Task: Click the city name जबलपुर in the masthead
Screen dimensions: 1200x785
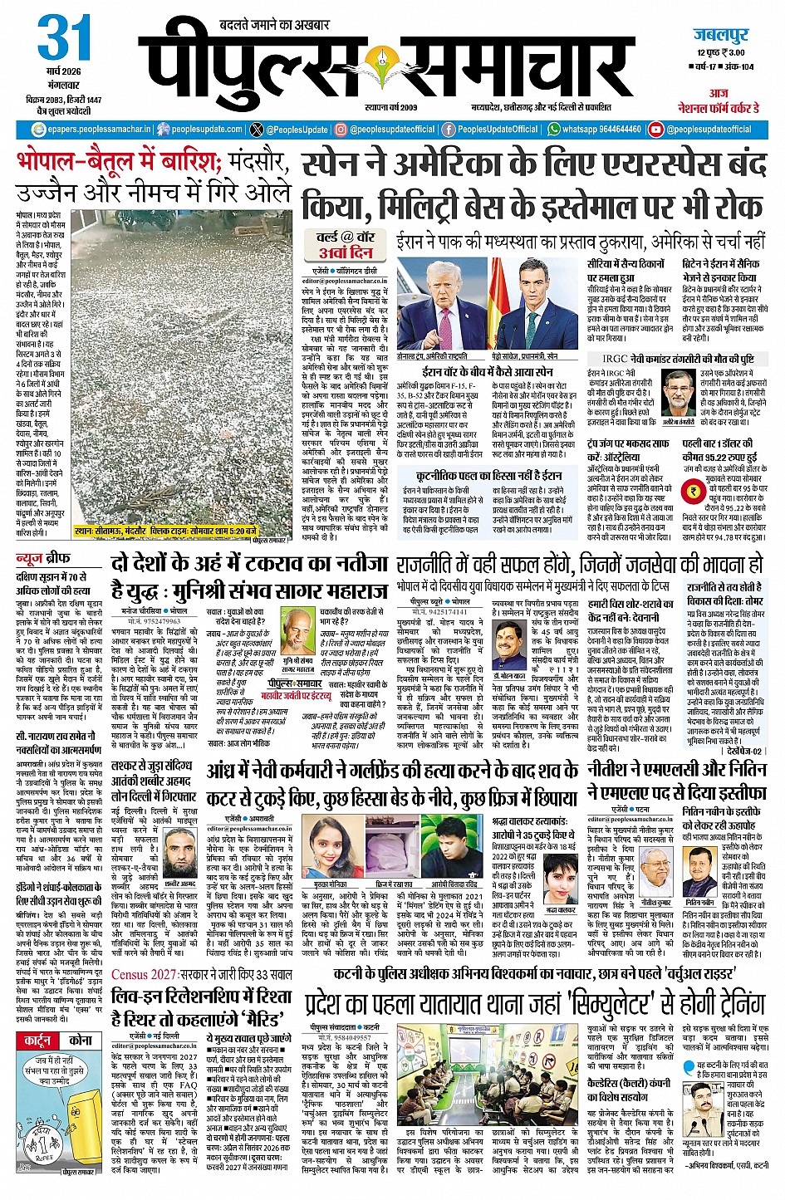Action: click(721, 35)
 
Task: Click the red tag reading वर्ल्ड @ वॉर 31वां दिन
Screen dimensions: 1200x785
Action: click(346, 244)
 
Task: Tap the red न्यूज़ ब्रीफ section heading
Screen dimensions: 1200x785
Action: click(43, 558)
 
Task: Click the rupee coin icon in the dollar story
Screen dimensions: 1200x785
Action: click(692, 491)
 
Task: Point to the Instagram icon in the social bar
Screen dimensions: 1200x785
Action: click(341, 130)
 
